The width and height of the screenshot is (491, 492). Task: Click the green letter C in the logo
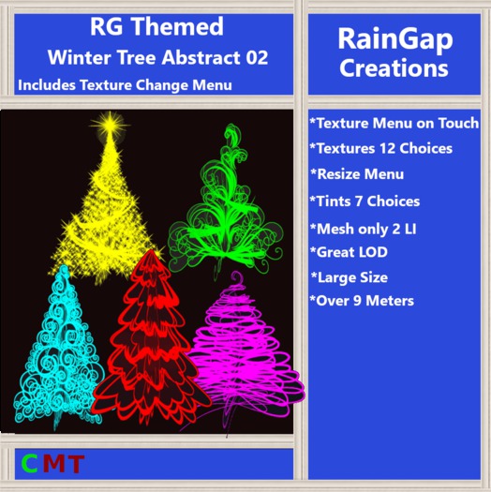30,463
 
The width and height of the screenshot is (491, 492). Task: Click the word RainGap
393,38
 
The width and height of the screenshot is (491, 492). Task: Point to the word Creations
393,68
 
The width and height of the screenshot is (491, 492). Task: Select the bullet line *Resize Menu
357,174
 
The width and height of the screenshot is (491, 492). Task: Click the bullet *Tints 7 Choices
365,201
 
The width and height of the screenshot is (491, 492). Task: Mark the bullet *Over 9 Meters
361,301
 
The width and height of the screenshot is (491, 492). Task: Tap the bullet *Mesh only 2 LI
364,227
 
